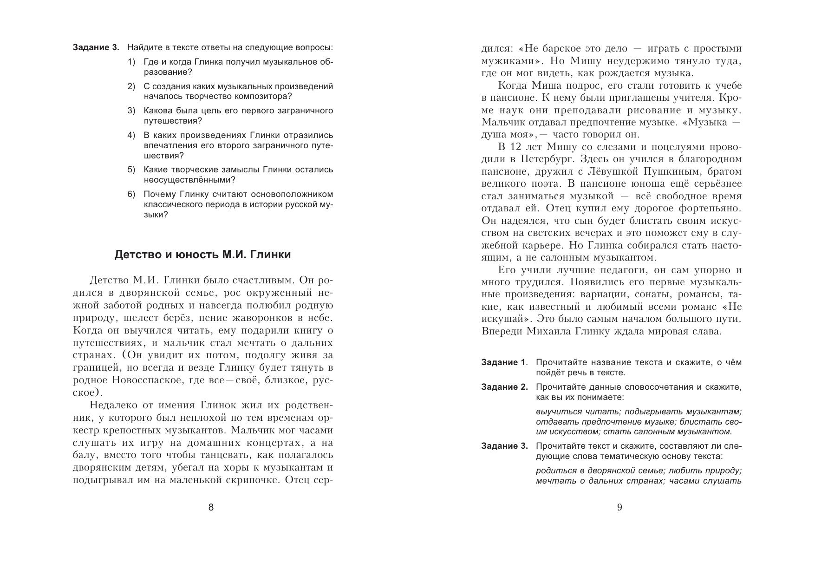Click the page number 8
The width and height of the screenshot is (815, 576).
[x=211, y=507]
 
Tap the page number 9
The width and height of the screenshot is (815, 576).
[x=619, y=507]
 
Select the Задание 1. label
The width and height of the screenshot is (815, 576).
[x=504, y=362]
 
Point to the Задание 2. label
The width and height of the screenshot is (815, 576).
[x=504, y=387]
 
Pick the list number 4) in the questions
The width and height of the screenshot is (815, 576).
[x=131, y=135]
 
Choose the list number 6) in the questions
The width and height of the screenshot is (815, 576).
[x=131, y=194]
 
